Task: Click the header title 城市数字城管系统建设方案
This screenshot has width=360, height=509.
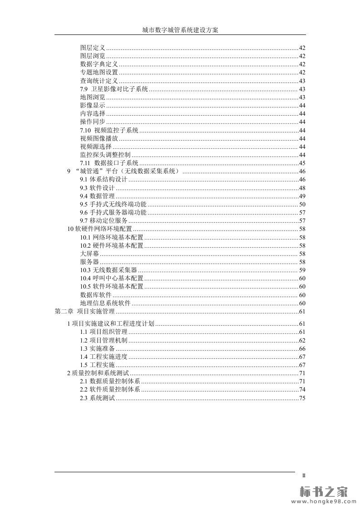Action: pyautogui.click(x=180, y=30)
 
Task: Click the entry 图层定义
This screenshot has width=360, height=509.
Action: pyautogui.click(x=93, y=48)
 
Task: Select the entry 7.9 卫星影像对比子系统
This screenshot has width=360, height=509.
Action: pyautogui.click(x=113, y=89)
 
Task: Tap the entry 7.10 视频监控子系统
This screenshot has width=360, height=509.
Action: pyautogui.click(x=109, y=131)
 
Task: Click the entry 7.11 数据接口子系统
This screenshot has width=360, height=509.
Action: pyautogui.click(x=109, y=163)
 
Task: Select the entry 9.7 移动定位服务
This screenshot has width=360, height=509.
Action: pyautogui.click(x=104, y=220)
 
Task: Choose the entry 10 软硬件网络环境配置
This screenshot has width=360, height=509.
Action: pyautogui.click(x=99, y=229)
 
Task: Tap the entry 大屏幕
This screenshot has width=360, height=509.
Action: pyautogui.click(x=89, y=254)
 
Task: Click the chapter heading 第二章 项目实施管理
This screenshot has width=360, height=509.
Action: pyautogui.click(x=84, y=311)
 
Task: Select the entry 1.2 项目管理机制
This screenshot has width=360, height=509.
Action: pyautogui.click(x=104, y=340)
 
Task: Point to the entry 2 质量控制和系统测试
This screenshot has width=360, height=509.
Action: pyautogui.click(x=98, y=373)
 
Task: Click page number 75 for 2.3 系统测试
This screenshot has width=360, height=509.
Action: pyautogui.click(x=302, y=398)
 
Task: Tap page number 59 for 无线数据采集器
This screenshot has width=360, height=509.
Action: pyautogui.click(x=302, y=270)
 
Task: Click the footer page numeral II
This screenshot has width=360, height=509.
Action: pyautogui.click(x=304, y=475)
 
